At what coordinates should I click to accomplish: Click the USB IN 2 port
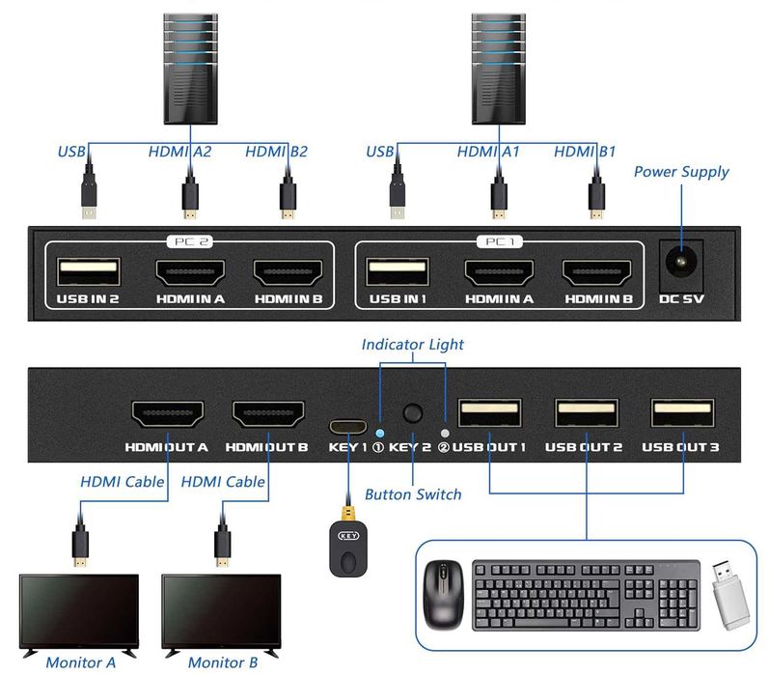click(88, 271)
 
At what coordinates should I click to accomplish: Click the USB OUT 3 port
click(684, 413)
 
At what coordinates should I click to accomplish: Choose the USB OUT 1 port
click(489, 413)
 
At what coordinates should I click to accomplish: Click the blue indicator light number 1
click(379, 434)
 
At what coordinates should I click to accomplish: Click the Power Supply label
click(680, 172)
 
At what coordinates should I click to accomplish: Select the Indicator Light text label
click(412, 344)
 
